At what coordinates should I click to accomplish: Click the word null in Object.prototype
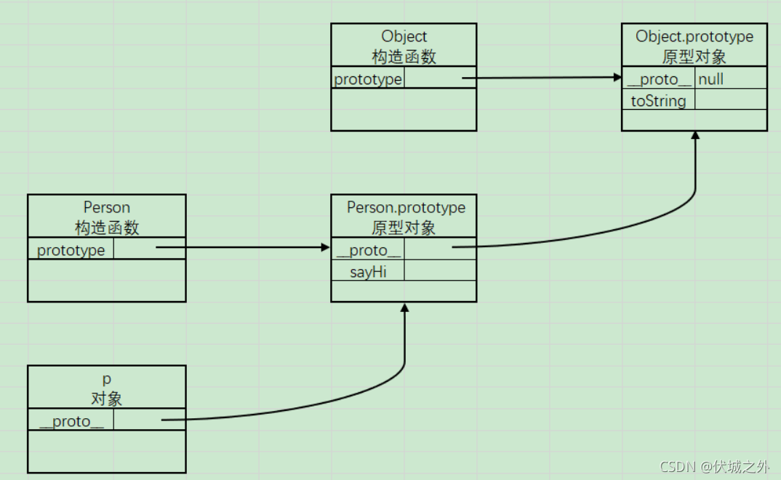pos(710,79)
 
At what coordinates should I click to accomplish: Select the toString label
pos(658,101)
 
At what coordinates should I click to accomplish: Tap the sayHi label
pos(367,272)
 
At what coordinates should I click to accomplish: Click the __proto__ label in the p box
pos(71,422)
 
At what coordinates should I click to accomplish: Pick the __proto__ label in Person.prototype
pos(369,251)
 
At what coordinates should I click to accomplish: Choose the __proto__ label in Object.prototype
pos(659,79)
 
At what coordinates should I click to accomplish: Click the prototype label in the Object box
pos(368,79)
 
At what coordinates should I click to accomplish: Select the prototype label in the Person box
pos(71,250)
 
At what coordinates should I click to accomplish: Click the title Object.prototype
pos(694,36)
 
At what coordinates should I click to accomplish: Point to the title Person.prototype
pos(406,207)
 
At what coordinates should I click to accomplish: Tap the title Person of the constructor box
pos(107,208)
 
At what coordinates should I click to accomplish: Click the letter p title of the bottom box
pos(107,379)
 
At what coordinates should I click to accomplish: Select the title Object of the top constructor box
pos(404,36)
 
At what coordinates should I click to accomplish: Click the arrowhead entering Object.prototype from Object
pos(617,77)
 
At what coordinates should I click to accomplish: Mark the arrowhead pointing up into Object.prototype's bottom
pos(695,136)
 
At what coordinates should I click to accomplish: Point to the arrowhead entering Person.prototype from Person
pos(326,247)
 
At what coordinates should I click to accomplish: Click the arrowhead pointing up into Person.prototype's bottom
pos(404,308)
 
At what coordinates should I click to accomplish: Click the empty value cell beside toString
pos(730,101)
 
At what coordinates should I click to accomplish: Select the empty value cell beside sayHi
pos(439,272)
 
